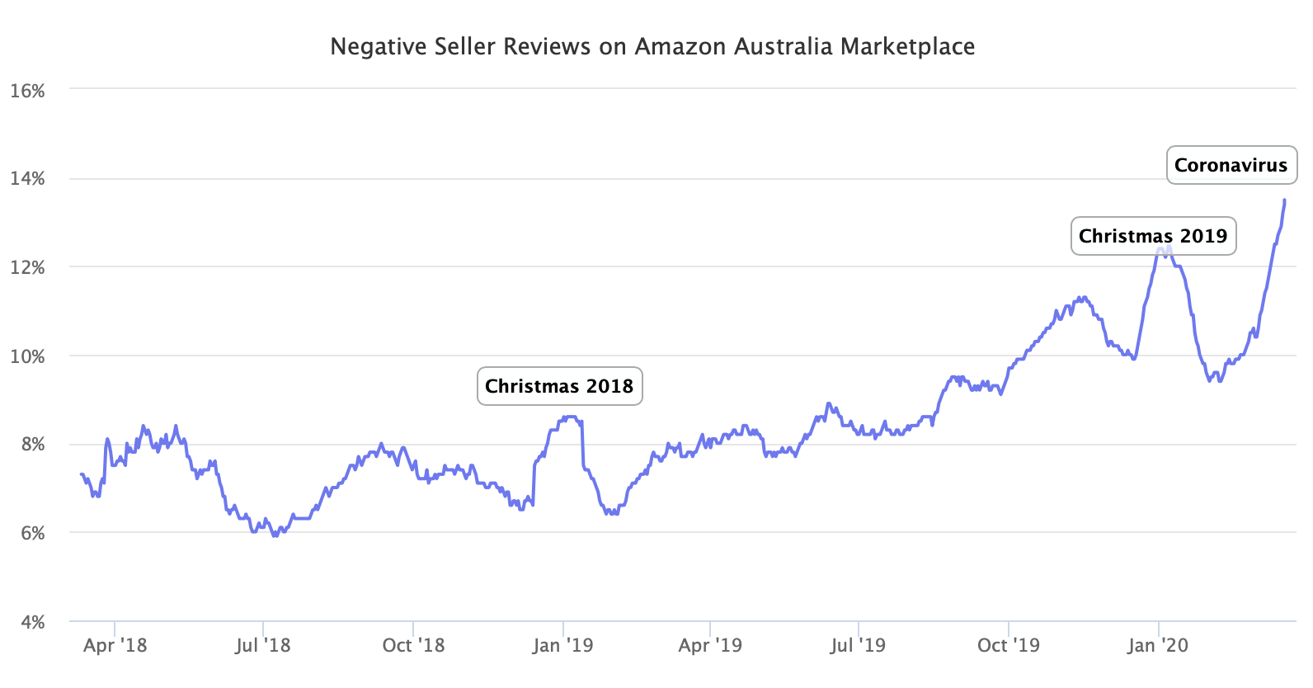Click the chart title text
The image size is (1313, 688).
click(652, 46)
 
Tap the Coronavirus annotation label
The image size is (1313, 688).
click(1231, 165)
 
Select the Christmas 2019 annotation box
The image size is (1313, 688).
click(1153, 236)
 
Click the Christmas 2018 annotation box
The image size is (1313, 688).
click(559, 386)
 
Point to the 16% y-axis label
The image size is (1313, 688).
click(27, 91)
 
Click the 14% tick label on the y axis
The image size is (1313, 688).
click(27, 179)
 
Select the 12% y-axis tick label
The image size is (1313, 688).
click(27, 268)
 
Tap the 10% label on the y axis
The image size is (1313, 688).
click(27, 356)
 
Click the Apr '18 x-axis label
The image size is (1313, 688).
click(115, 645)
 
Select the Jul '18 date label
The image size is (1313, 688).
click(262, 645)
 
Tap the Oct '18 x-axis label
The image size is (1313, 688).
click(413, 645)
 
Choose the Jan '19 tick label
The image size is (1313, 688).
click(562, 645)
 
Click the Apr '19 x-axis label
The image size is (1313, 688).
click(710, 645)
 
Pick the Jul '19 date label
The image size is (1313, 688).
click(858, 645)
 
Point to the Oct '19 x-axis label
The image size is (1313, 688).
click(1008, 645)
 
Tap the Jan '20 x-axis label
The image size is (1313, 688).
click(1158, 645)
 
